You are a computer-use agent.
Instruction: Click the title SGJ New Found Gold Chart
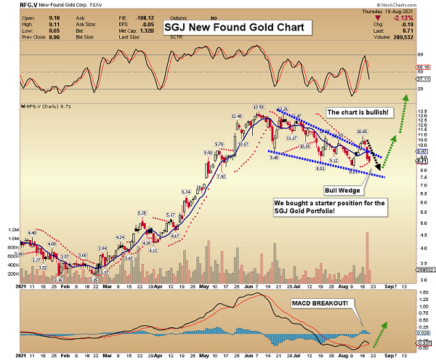[x=238, y=28]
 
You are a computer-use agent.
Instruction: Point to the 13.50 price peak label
[x=258, y=107]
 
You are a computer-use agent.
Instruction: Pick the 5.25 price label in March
[x=142, y=213]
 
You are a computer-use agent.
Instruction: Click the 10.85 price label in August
[x=362, y=132]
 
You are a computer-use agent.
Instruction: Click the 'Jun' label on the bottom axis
[x=247, y=353]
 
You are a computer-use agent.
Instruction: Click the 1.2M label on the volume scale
[x=14, y=238]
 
